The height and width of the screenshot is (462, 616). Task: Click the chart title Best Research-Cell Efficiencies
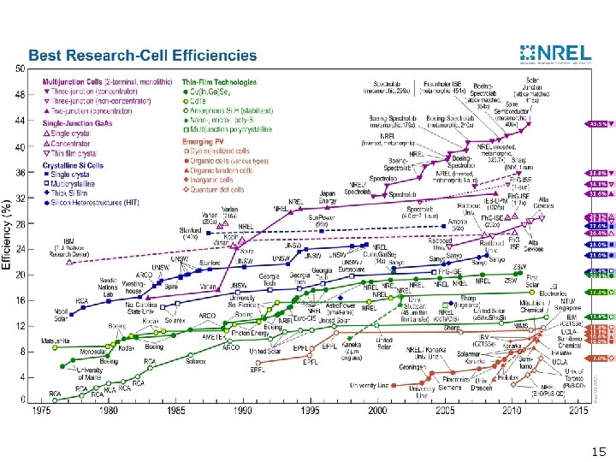[142, 56]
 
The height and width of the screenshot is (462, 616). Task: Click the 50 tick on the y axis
[20, 68]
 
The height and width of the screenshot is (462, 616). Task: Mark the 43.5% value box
[596, 123]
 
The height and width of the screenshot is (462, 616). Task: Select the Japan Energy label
[326, 198]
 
